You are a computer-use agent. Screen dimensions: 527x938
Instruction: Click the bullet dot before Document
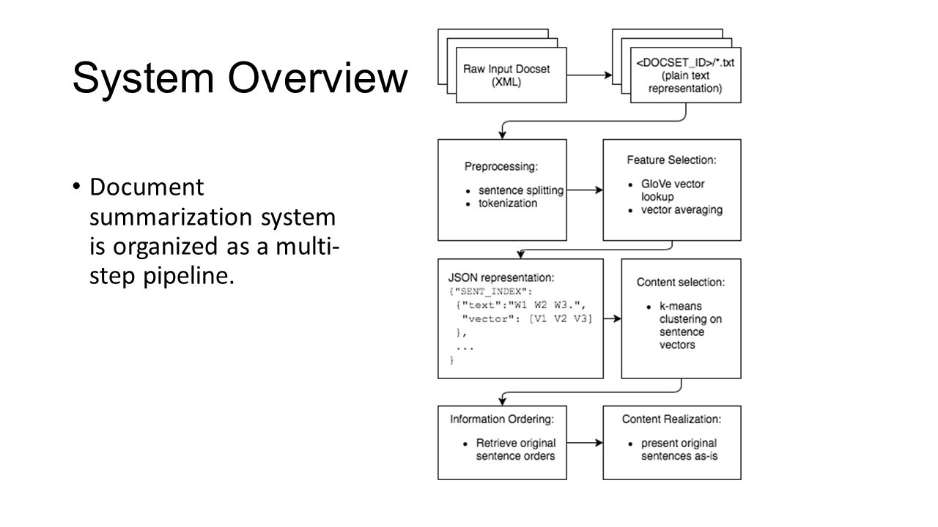coord(77,189)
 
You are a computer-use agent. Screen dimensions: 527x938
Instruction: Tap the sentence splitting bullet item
coord(520,190)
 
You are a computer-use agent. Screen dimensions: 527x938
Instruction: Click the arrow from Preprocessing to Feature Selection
coord(584,190)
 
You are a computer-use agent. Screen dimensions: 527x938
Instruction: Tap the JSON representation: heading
coord(501,278)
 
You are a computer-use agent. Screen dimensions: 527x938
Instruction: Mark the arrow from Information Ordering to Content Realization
coord(584,442)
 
